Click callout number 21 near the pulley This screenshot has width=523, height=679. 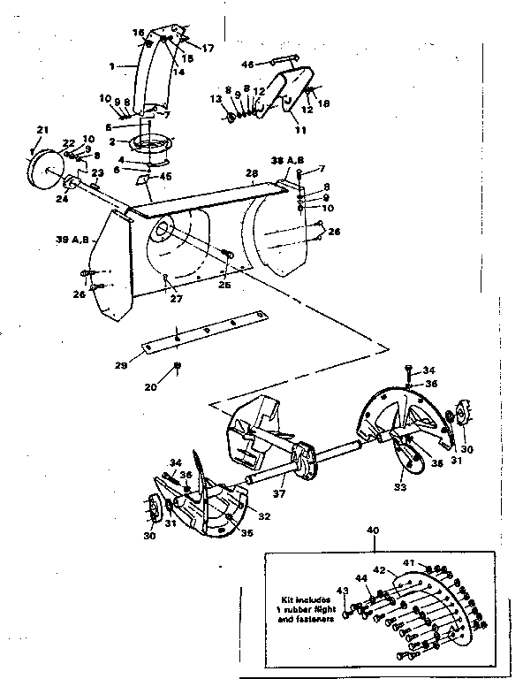click(41, 131)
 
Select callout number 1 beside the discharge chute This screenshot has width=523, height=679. click(111, 66)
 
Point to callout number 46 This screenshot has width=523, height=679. click(247, 64)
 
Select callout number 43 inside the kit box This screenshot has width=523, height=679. click(343, 591)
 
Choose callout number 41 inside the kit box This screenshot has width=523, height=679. click(409, 562)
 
